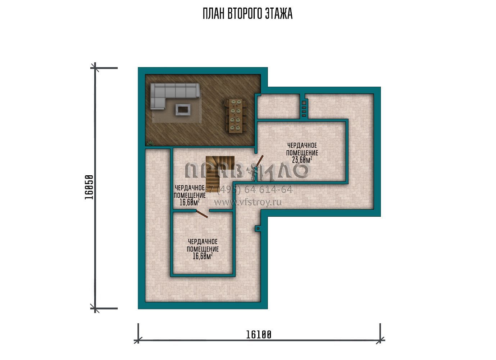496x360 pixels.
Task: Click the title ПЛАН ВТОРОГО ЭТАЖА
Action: [x=247, y=14]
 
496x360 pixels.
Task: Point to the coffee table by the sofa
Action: [x=183, y=109]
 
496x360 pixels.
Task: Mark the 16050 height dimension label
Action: [x=89, y=187]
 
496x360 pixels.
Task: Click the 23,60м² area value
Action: [x=302, y=160]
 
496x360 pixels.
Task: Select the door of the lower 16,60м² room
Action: [x=202, y=214]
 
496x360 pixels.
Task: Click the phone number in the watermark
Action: [x=249, y=190]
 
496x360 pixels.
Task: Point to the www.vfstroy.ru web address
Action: [x=248, y=202]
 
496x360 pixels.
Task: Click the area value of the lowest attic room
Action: [x=203, y=256]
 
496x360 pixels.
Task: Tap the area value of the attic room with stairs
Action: [x=190, y=202]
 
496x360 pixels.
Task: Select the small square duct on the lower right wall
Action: [x=258, y=229]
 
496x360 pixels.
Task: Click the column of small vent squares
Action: [x=304, y=109]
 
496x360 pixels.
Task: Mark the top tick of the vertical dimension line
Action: [x=95, y=68]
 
